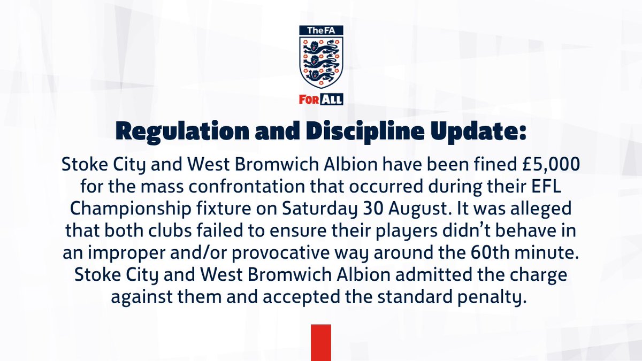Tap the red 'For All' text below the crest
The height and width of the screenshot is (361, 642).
(320, 99)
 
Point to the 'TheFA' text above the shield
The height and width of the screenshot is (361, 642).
(320, 32)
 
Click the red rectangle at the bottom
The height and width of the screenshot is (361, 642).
(320, 342)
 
